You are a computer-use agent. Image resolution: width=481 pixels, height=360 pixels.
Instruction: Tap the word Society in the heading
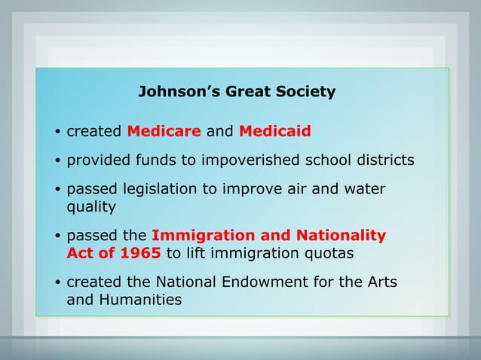pyautogui.click(x=305, y=92)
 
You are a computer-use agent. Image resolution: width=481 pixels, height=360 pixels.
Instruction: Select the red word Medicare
pyautogui.click(x=164, y=132)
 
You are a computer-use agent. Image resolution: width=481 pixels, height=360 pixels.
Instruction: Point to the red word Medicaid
pyautogui.click(x=274, y=132)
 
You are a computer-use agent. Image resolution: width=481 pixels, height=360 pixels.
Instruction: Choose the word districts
pyautogui.click(x=385, y=160)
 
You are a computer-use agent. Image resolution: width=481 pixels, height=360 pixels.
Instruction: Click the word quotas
pyautogui.click(x=328, y=253)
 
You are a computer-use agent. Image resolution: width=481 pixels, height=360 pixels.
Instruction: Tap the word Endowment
pyautogui.click(x=260, y=282)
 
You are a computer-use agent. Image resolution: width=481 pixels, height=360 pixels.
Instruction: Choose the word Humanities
pyautogui.click(x=142, y=299)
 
